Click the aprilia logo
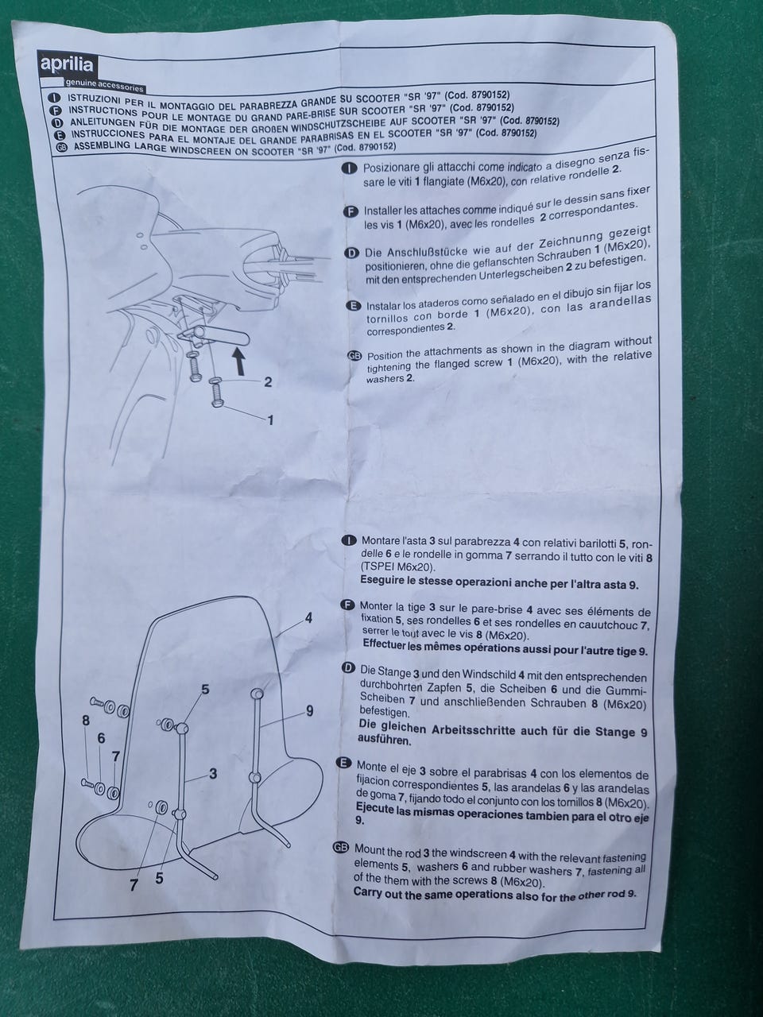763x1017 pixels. tap(67, 64)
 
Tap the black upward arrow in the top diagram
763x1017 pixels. tap(239, 361)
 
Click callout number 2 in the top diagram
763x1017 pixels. tap(268, 382)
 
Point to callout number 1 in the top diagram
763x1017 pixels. tap(270, 420)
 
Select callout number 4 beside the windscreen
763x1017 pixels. tap(309, 618)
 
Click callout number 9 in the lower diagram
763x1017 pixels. tap(310, 710)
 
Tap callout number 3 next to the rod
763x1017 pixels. tap(213, 773)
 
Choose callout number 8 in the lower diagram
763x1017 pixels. tap(86, 721)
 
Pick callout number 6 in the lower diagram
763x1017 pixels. tap(101, 738)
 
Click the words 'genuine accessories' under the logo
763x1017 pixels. tap(105, 85)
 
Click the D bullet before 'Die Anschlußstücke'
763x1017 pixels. tap(352, 253)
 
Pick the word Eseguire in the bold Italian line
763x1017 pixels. tap(381, 580)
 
